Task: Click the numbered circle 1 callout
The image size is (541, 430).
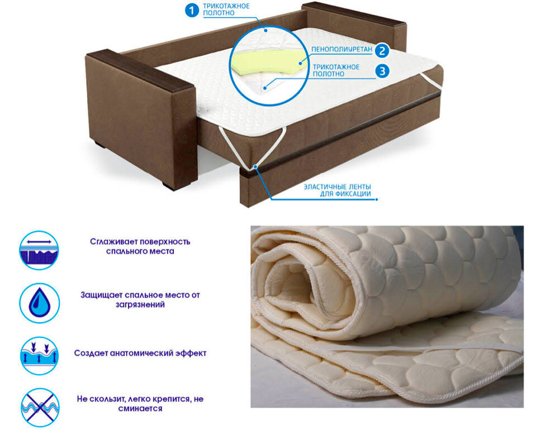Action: coord(192,10)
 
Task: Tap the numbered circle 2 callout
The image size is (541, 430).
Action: coord(381,50)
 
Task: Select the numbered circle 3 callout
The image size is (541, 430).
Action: coord(381,71)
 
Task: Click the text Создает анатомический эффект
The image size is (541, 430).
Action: coord(140,353)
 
